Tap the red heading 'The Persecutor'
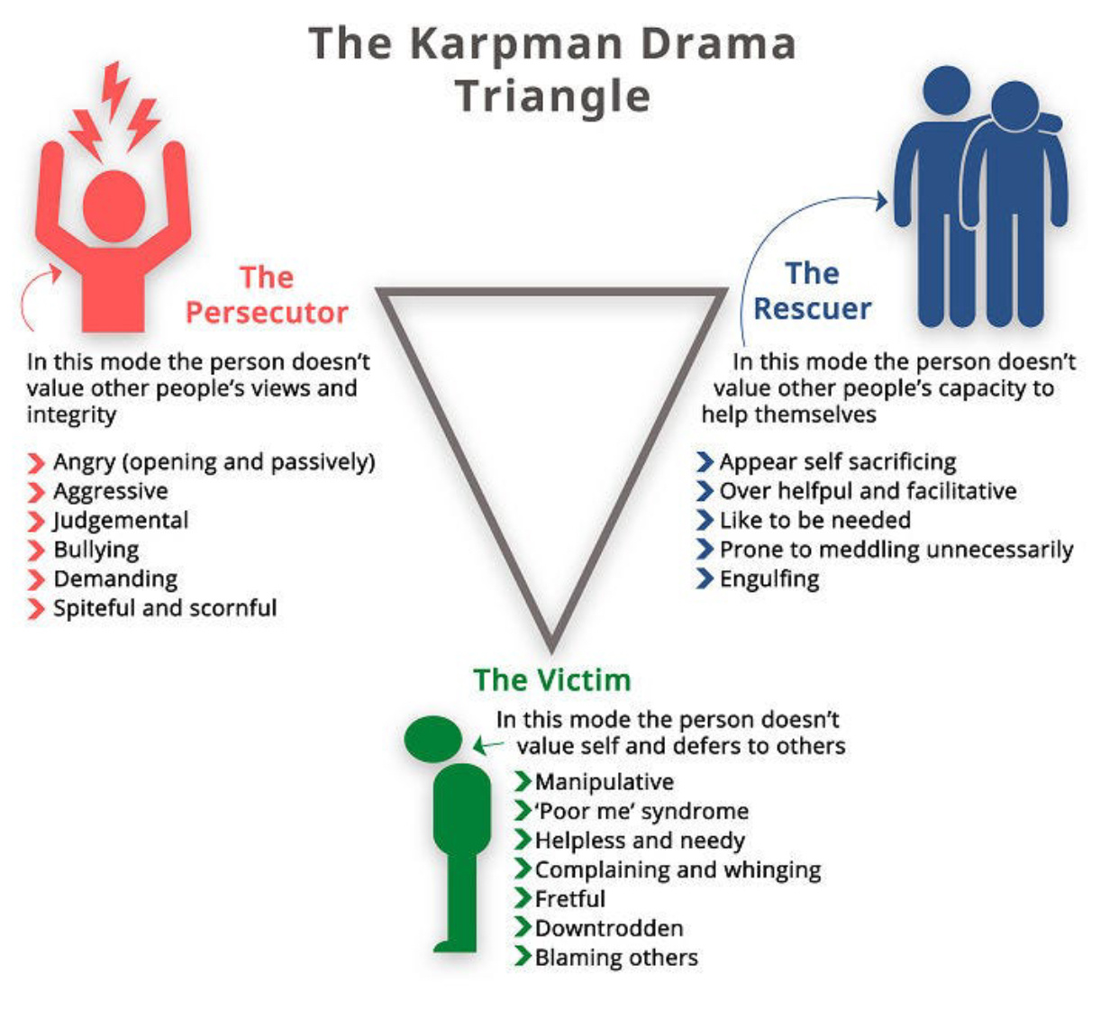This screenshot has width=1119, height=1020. [x=267, y=295]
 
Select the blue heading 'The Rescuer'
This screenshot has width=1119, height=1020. [x=813, y=291]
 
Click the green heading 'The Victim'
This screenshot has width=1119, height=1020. [x=552, y=679]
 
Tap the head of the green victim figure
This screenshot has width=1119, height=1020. [x=433, y=739]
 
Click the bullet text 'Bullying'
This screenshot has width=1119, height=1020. [x=96, y=550]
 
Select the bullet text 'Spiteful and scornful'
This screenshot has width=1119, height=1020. [x=165, y=608]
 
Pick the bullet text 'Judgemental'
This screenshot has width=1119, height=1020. [x=121, y=521]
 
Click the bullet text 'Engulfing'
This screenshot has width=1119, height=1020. [x=769, y=578]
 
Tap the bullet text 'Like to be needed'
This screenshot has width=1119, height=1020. [x=814, y=520]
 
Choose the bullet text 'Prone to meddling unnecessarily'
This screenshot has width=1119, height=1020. [x=896, y=550]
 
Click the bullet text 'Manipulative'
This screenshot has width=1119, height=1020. [x=604, y=781]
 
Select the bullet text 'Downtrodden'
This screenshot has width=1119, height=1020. [x=609, y=928]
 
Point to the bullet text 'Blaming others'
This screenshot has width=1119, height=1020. [x=616, y=957]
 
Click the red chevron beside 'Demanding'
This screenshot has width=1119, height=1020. [x=36, y=579]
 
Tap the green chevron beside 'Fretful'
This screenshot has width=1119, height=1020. [x=523, y=898]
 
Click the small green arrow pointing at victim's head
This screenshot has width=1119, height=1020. [x=487, y=745]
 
